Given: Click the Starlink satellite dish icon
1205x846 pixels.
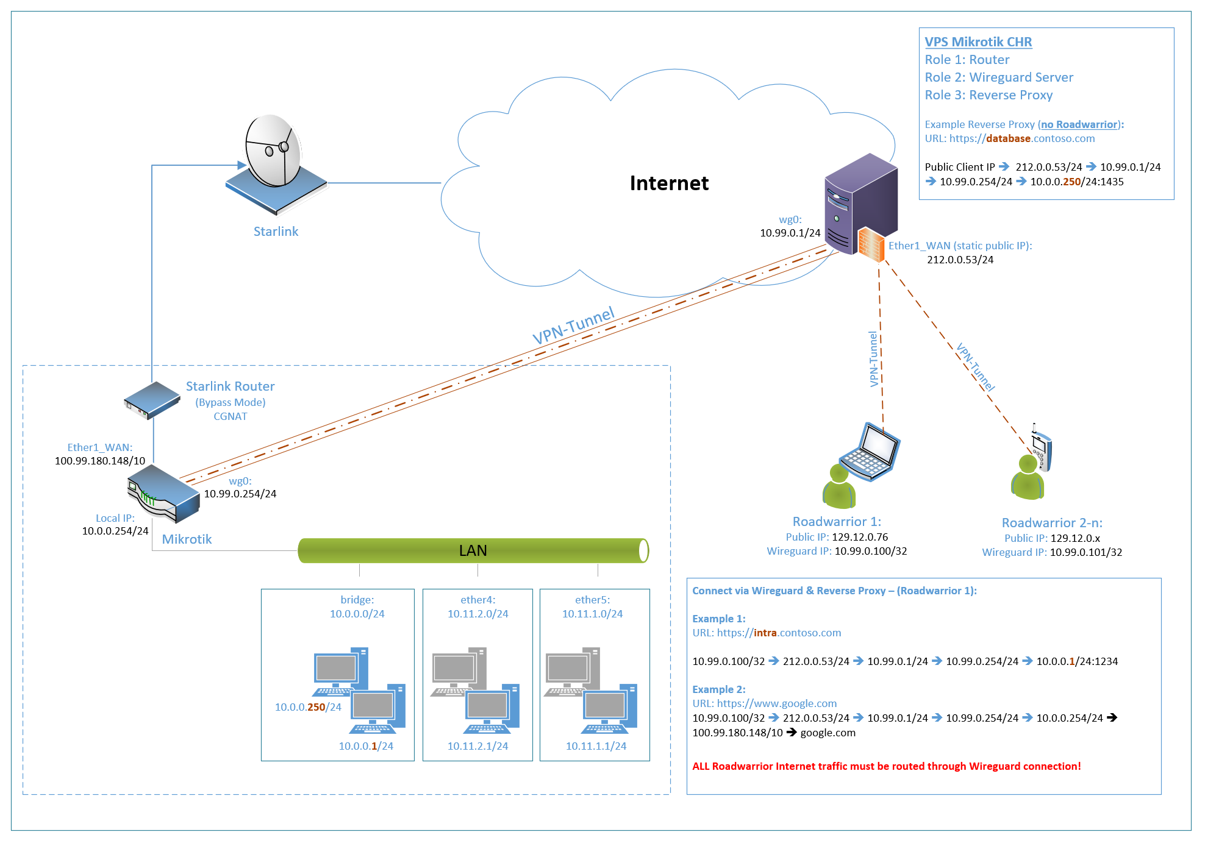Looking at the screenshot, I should (274, 162).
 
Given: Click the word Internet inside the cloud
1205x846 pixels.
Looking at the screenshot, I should (669, 183).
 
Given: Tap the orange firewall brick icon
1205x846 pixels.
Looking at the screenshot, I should (871, 244).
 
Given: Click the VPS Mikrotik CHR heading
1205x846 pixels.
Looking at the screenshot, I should (978, 42).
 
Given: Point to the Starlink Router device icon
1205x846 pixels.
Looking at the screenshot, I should (152, 400).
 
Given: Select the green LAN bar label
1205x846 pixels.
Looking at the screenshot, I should (473, 550).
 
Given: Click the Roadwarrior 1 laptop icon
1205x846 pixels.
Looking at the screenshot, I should (871, 452).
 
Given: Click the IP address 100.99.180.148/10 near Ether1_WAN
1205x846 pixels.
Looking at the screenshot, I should (100, 461).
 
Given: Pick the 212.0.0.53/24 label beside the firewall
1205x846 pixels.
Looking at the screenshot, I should (960, 260).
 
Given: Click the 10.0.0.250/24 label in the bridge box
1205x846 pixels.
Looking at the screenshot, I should (308, 707).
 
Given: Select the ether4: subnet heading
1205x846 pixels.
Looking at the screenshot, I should (477, 600).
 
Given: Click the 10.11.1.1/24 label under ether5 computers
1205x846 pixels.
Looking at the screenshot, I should (596, 746).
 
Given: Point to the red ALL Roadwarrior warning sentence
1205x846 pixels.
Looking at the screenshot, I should (886, 766).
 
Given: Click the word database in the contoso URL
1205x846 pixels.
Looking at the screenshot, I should (1008, 138).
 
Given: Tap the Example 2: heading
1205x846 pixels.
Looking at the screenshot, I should (718, 689).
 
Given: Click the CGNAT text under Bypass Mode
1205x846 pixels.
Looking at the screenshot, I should (230, 416).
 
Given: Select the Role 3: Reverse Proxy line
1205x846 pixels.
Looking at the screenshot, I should (989, 95).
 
